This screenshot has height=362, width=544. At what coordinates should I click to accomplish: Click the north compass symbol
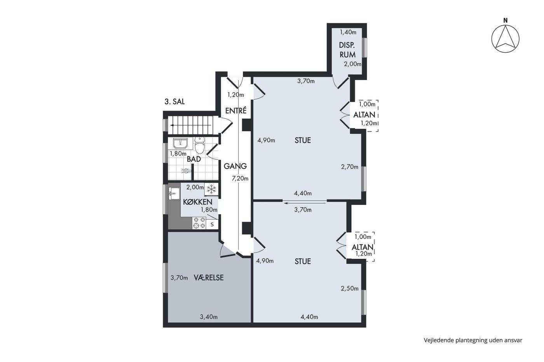pos(505,38)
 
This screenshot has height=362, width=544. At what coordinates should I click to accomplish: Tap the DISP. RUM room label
pos(347,50)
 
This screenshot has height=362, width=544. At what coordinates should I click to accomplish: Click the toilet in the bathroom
pos(200,145)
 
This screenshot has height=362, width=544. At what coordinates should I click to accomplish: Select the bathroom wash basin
pos(180,144)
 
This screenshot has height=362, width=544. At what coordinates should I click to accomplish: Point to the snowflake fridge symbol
pos(211,189)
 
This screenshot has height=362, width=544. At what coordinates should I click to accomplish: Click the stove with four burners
pos(199,223)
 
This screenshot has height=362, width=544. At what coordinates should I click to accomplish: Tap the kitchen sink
pos(174,194)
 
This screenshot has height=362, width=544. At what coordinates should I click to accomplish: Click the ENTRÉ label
pos(236,111)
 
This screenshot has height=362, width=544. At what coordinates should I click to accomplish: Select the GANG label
pos(235,166)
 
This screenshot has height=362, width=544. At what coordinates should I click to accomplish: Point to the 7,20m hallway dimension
pos(240,179)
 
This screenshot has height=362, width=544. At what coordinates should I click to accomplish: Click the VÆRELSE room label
pos(209,278)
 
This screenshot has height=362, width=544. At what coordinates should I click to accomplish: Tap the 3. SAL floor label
pos(174,102)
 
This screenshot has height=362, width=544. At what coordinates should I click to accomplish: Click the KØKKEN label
pos(198,202)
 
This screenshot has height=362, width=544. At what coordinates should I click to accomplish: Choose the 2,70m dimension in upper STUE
pos(350,167)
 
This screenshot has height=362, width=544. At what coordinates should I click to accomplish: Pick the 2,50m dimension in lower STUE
pos(350,289)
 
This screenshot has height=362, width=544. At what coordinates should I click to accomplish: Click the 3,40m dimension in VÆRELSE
pos(209,317)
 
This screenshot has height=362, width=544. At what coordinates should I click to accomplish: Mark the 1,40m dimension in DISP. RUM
pos(348,32)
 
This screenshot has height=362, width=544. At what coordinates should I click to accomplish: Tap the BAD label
pos(194,159)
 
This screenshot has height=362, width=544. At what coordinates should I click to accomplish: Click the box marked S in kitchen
pos(212,225)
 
